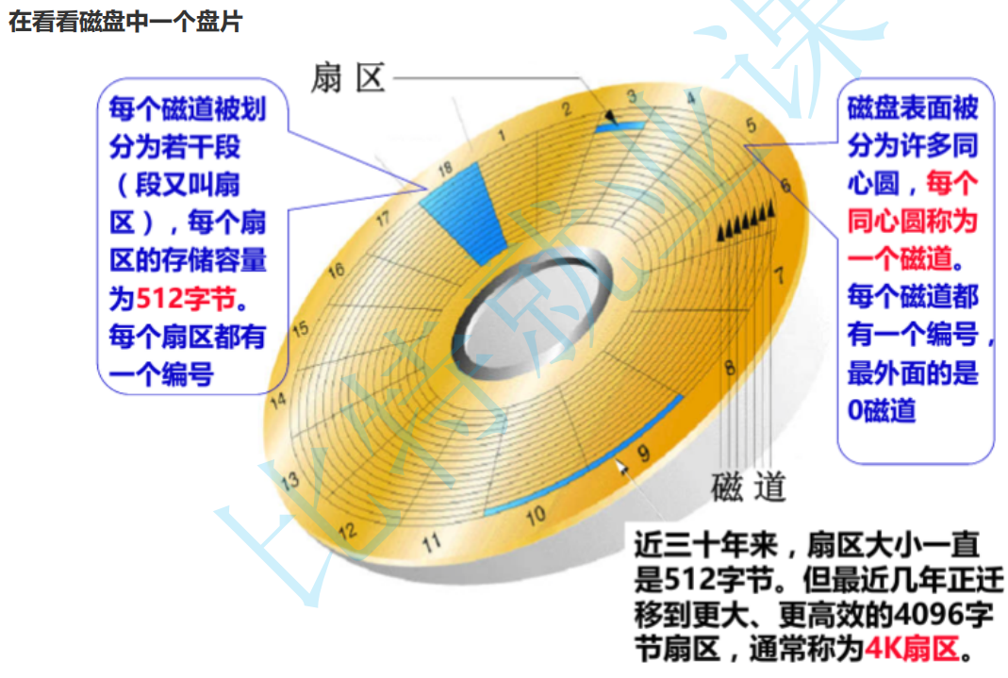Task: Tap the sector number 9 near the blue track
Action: [643, 454]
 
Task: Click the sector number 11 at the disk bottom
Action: [432, 543]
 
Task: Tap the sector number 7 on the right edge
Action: [778, 276]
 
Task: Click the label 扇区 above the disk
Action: [348, 79]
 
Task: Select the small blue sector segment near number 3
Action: [622, 124]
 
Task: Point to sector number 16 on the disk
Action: [336, 271]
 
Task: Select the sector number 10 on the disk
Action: [536, 516]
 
